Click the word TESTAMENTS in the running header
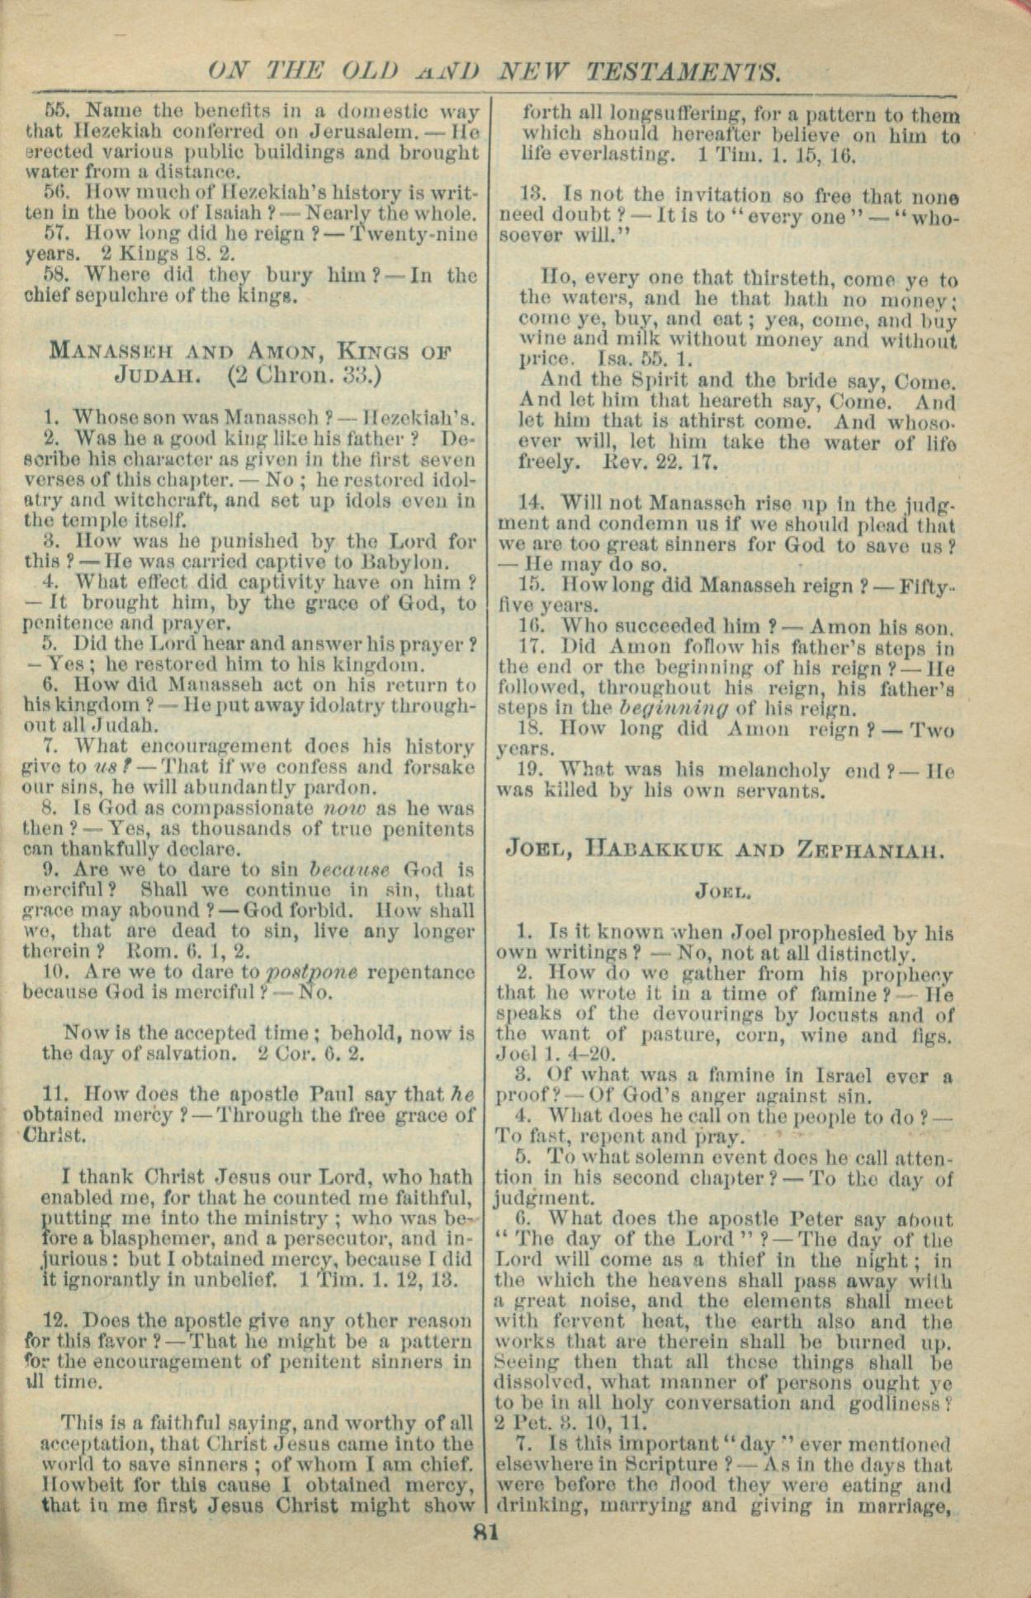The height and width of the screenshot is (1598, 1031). tap(683, 73)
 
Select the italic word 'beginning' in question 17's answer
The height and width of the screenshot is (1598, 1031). tap(669, 707)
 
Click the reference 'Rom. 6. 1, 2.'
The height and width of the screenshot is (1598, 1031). tap(186, 951)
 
